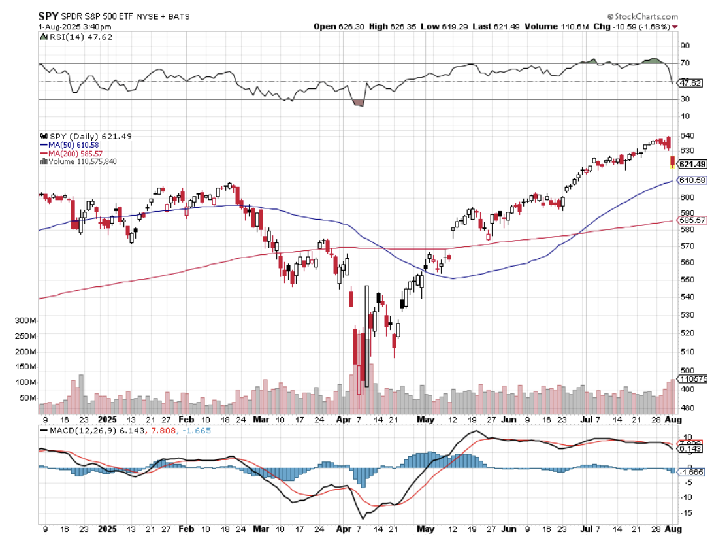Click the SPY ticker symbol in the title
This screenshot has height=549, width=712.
[x=50, y=15]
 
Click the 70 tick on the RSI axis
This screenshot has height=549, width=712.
[x=685, y=63]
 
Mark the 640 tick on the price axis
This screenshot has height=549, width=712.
[x=687, y=136]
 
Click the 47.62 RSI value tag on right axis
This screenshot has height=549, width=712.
[x=690, y=83]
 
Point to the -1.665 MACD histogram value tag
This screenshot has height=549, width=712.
[x=692, y=471]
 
